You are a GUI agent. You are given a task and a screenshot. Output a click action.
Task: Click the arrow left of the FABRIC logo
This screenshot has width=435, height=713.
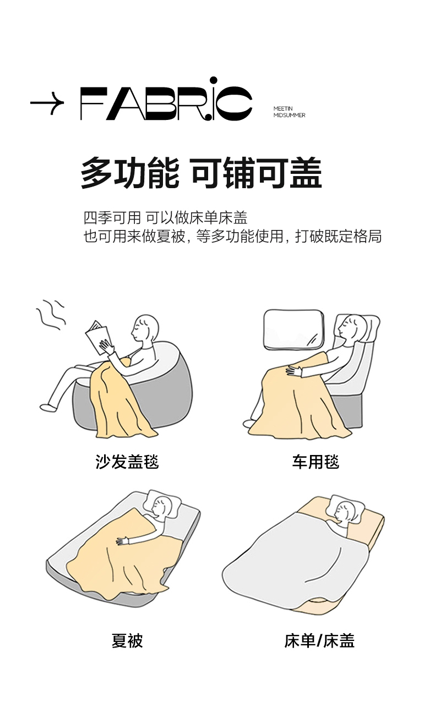pos(47,103)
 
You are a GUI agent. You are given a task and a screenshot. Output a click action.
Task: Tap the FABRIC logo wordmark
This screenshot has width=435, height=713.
pos(166,100)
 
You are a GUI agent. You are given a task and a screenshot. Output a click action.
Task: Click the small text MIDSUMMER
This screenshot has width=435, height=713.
pos(290,115)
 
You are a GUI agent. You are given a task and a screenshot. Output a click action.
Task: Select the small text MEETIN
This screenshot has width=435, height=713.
pos(283,108)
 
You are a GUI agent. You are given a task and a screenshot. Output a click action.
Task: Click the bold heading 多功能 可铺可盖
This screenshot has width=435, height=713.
pos(202,173)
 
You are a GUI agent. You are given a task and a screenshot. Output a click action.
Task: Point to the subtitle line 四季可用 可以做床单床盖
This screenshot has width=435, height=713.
pos(165,218)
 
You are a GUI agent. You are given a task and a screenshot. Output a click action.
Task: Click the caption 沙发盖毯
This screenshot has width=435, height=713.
pos(127,462)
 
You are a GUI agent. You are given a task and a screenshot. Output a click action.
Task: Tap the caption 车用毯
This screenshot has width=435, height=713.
pos(316,462)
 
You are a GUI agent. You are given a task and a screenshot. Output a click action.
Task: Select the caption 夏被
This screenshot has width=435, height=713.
pos(127,641)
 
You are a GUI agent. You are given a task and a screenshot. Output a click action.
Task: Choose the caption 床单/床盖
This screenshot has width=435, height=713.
pos(319,641)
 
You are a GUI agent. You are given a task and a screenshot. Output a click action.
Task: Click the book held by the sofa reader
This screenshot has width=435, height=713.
pos(98,337)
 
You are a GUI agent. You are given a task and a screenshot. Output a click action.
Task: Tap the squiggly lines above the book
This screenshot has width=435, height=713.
pos(51,315)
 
